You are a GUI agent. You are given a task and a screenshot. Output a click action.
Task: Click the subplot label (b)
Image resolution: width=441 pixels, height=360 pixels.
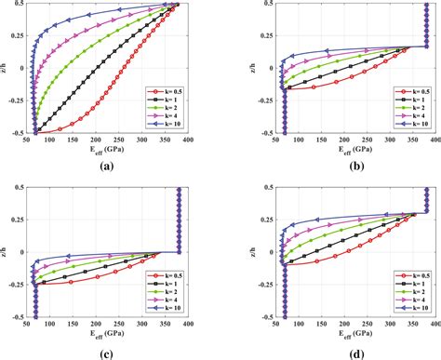click(332, 167)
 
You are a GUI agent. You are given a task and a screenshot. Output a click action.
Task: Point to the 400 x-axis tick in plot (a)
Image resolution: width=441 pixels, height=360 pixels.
click(189, 141)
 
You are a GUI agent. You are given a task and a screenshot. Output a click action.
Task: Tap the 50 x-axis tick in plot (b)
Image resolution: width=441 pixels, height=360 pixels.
click(256, 141)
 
